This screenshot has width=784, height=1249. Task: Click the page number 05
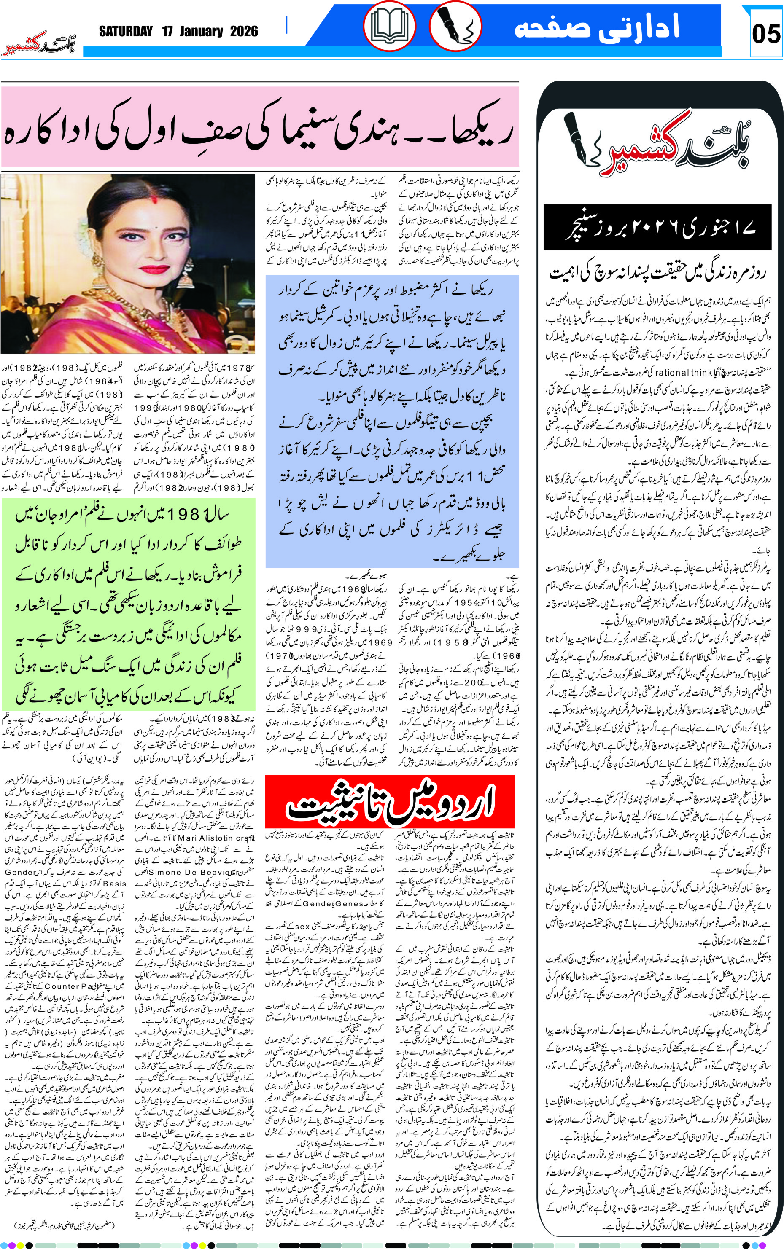pyautogui.click(x=765, y=34)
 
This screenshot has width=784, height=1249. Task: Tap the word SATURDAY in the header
pyautogui.click(x=126, y=32)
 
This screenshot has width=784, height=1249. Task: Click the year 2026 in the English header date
pyautogui.click(x=244, y=32)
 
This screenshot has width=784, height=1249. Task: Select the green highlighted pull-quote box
pyautogui.click(x=128, y=604)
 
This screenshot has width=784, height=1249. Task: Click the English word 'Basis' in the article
pyautogui.click(x=114, y=883)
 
